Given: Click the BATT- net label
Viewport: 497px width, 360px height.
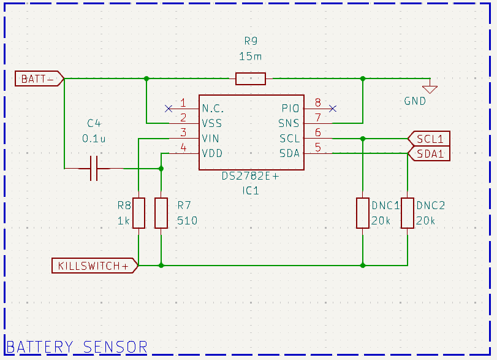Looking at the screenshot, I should pos(39,79).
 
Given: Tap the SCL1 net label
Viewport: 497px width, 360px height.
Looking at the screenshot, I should pos(429,138).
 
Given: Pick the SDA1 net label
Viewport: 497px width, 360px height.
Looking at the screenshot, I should pos(429,153).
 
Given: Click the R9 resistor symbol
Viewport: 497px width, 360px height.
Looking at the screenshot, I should pos(251,79).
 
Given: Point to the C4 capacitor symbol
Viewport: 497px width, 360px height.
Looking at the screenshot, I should pos(94,168).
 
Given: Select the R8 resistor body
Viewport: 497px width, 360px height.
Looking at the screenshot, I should pos(139,213).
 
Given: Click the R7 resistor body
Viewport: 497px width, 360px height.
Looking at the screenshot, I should pos(161,213).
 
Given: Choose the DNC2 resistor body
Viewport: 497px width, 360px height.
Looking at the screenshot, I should pos(408,213).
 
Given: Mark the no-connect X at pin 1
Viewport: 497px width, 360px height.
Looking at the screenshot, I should pos(169,109).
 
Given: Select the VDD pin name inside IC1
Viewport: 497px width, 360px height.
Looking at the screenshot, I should pos(212,153).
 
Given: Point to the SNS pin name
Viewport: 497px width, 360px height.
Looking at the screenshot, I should pos(289,123).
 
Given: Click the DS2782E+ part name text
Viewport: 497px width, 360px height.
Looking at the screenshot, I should pos(250,177).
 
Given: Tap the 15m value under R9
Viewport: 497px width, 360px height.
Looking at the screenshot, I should pos(250,56).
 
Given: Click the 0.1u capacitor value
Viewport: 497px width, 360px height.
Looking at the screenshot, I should pos(94,139).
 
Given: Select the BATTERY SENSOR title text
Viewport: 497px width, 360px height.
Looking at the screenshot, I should pos(77,347).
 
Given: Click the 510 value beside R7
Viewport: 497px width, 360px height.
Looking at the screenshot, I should pos(187,220).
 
